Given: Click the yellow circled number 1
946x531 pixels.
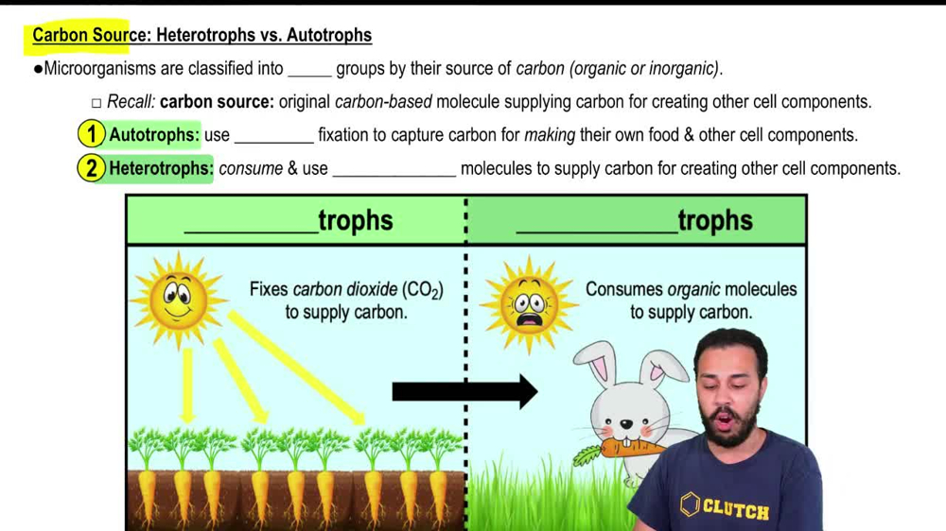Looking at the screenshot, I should tap(91, 134).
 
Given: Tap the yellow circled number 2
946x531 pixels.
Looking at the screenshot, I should tap(91, 168).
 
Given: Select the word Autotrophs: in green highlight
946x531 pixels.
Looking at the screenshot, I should tap(154, 134).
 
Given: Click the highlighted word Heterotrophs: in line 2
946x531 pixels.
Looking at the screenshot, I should tap(161, 168).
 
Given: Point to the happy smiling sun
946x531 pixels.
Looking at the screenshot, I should tap(177, 299).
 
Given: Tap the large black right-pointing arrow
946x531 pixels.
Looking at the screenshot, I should tap(464, 389).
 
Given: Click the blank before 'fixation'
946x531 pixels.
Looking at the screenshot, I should tap(273, 135).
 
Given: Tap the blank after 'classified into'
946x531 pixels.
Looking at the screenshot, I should tap(309, 69).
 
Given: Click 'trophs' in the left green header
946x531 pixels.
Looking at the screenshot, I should tap(355, 220).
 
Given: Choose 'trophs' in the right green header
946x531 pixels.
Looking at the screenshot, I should tap(715, 220).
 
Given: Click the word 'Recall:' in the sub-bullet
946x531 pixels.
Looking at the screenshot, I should tap(131, 102).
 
